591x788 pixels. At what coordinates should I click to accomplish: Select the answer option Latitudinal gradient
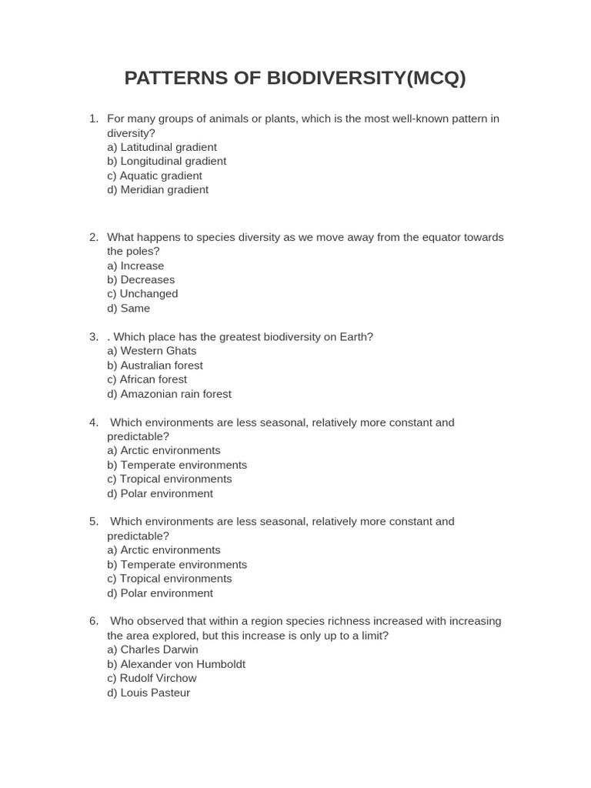pos(162,147)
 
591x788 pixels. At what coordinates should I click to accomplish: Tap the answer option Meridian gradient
pos(158,189)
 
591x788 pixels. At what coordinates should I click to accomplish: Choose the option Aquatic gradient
pos(155,175)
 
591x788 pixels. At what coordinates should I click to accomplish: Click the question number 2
pos(93,237)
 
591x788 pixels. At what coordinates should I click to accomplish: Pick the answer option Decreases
pos(141,279)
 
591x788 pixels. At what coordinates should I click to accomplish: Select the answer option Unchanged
pos(142,293)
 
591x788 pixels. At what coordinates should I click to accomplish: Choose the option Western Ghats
pos(152,351)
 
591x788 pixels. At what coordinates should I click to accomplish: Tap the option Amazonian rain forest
pos(169,393)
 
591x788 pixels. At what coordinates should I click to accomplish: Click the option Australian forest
pos(155,365)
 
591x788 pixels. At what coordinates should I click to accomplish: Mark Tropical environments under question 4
pos(169,479)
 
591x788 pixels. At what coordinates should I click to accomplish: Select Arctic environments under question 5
pos(164,549)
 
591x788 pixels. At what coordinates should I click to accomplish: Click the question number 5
pos(93,522)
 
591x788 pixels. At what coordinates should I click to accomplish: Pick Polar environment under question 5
pos(160,593)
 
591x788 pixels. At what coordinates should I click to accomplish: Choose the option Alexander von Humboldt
pos(176,663)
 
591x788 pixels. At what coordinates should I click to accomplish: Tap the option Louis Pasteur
pos(149,693)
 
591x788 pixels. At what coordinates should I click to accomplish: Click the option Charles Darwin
pos(152,649)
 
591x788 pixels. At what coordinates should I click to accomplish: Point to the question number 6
pos(93,621)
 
